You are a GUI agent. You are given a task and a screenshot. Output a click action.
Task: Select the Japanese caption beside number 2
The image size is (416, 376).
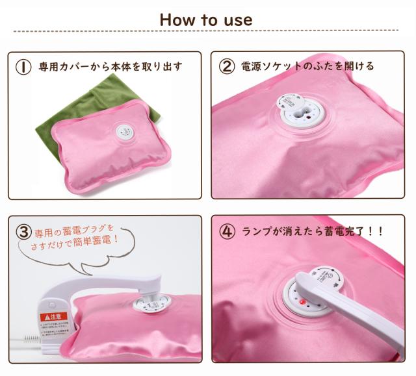point(308,66)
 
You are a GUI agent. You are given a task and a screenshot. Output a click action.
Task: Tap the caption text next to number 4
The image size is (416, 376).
point(313,231)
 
